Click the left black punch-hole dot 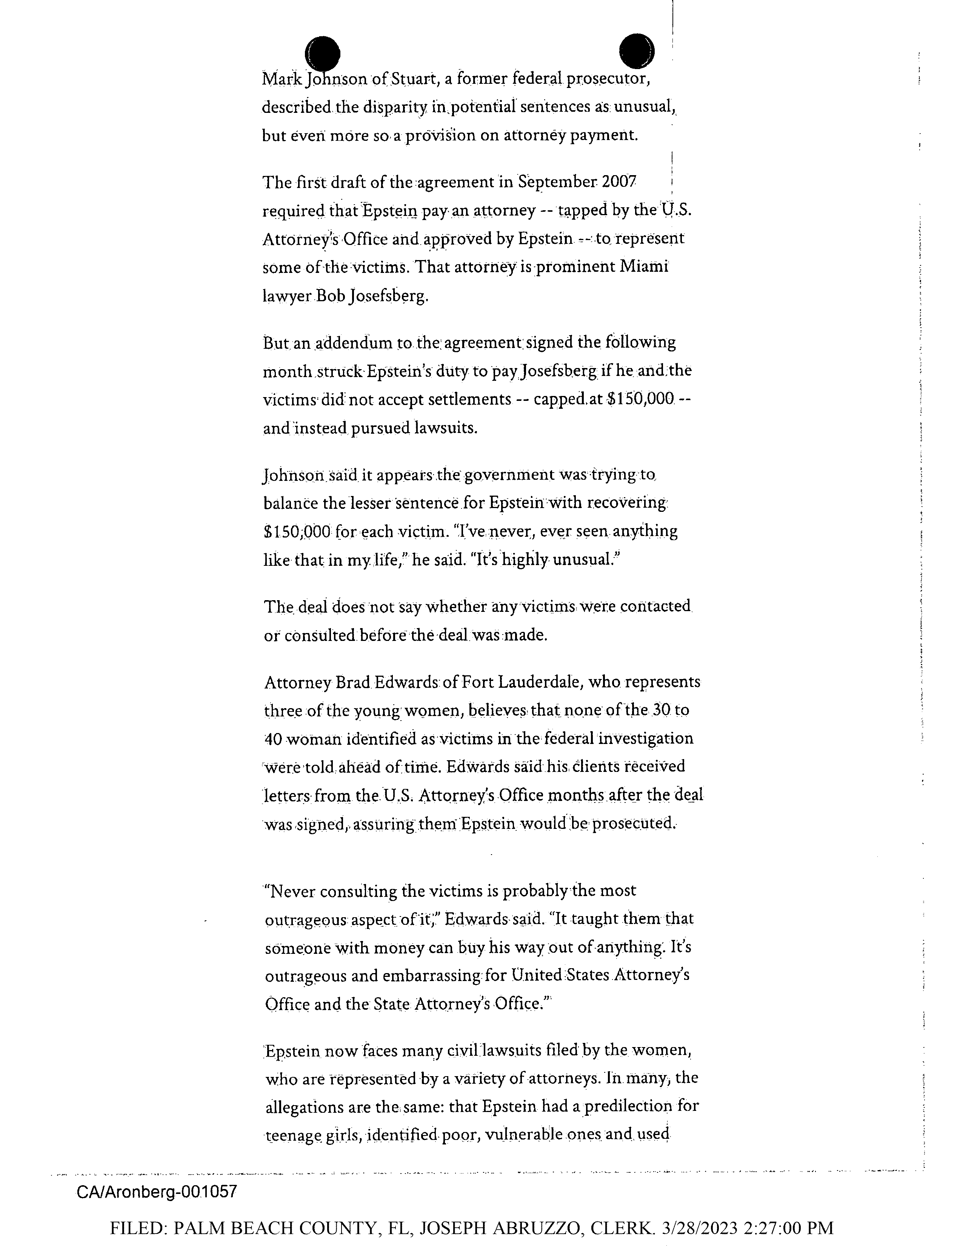(323, 54)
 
